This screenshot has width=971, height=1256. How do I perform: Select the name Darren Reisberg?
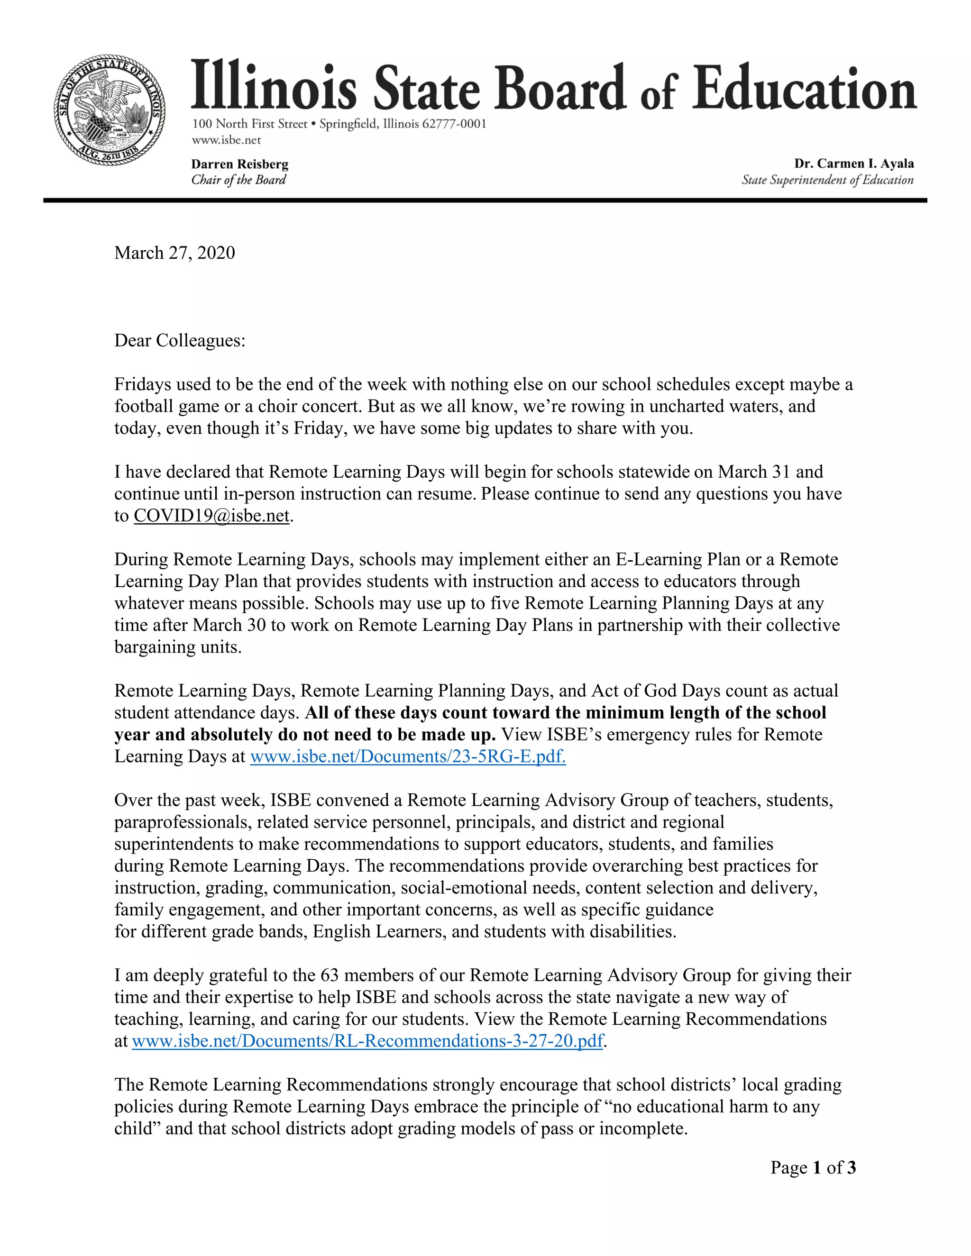[x=240, y=164]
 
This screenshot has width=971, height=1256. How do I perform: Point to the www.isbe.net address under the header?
[x=226, y=140]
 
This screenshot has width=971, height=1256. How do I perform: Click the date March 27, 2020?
[x=174, y=253]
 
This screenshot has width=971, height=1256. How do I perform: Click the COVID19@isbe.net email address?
[x=211, y=515]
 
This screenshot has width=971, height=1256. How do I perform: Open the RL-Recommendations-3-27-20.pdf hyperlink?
[x=367, y=1040]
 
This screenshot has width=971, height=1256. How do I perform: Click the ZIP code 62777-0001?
[x=454, y=124]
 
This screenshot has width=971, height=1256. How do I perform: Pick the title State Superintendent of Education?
[x=827, y=180]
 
